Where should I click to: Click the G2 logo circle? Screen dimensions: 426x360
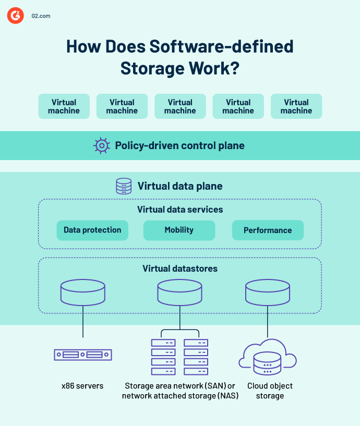click(15, 16)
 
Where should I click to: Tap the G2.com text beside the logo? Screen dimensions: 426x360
click(40, 16)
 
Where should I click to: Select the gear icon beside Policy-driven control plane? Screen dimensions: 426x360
click(101, 145)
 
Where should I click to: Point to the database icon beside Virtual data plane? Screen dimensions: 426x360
click(124, 186)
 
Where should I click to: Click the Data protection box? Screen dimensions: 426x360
click(92, 230)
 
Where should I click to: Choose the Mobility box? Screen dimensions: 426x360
click(179, 230)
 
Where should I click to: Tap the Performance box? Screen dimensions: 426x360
click(268, 230)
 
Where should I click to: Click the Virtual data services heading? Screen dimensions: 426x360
click(180, 210)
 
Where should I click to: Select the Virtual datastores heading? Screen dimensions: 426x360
click(180, 269)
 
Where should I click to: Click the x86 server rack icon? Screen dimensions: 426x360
click(83, 355)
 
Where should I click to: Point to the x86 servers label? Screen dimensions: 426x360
click(82, 386)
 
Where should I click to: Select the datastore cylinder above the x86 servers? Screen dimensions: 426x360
click(83, 293)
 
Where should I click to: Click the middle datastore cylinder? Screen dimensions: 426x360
click(179, 293)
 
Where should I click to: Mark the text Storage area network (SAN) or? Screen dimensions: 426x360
click(180, 386)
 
